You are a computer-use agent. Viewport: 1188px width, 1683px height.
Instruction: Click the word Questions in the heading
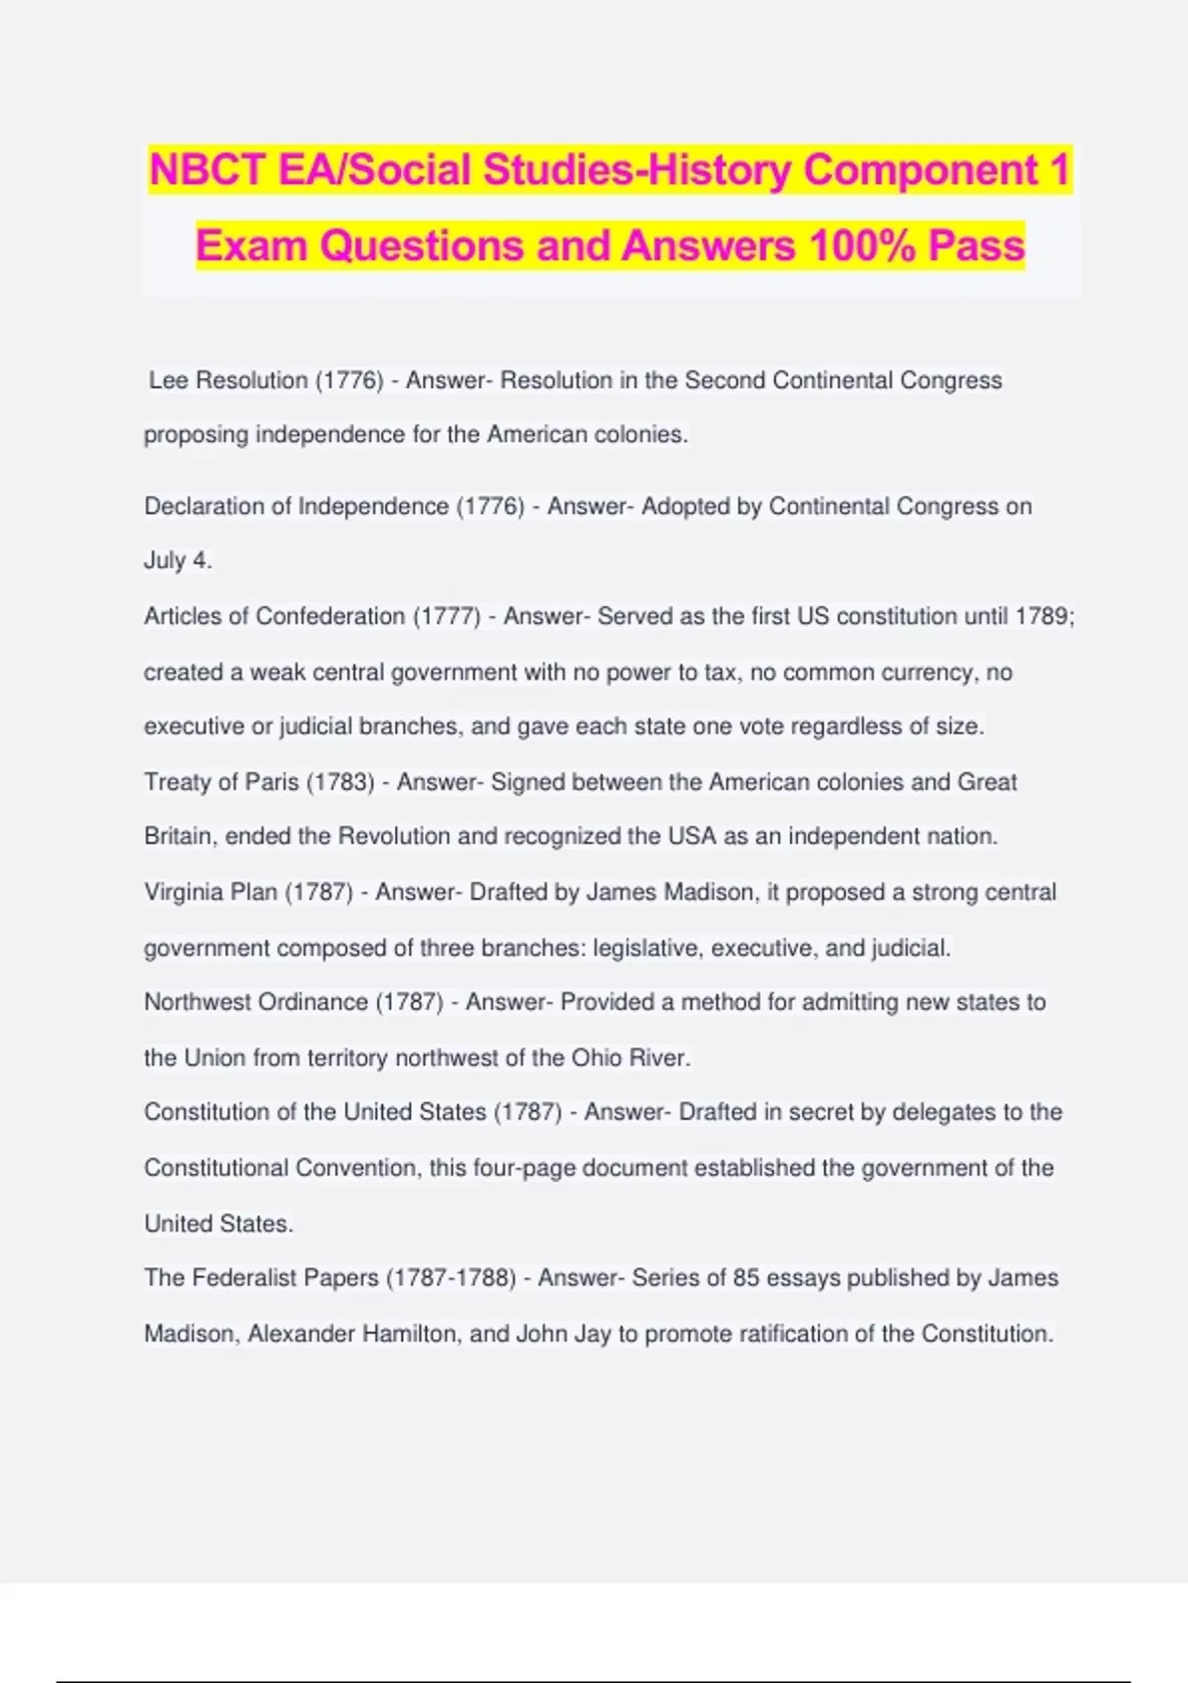[423, 246]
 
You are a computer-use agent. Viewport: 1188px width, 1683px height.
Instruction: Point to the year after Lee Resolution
[348, 381]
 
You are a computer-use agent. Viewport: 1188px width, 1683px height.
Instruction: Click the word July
[164, 560]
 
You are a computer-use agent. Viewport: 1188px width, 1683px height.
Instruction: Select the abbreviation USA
[692, 837]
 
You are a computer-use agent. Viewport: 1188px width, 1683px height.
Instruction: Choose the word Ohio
[596, 1057]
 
